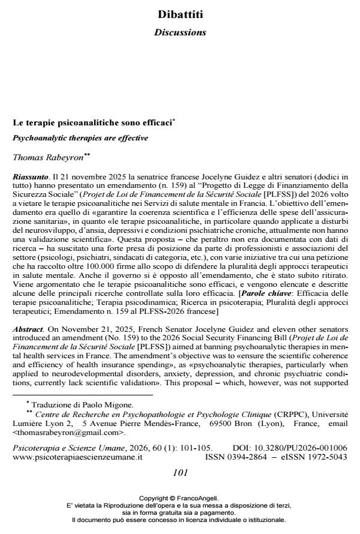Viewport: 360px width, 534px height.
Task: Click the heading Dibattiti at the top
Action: (180, 14)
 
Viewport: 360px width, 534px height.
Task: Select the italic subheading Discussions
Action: (180, 32)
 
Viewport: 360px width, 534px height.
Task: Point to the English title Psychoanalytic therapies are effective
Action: (80, 137)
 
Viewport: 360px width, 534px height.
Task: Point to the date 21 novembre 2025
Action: (79, 178)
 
